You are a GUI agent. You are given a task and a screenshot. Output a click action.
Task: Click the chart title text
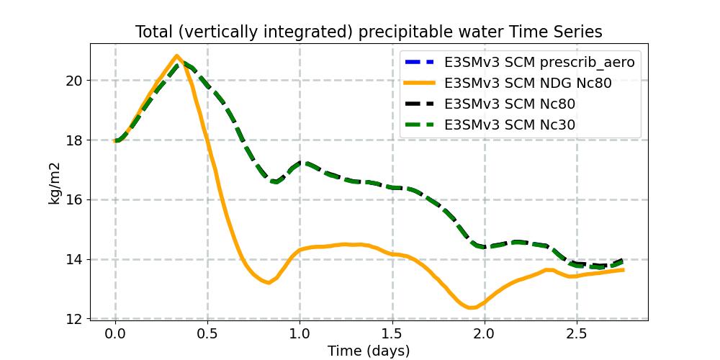click(369, 32)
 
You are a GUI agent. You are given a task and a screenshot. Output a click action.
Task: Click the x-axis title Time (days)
click(369, 351)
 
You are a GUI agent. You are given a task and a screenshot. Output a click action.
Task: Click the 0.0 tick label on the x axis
click(115, 334)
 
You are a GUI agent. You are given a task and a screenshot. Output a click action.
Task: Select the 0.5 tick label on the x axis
click(207, 334)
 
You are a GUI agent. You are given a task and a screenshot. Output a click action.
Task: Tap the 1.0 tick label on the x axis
click(300, 334)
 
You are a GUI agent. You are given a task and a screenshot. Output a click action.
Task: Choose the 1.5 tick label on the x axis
click(392, 334)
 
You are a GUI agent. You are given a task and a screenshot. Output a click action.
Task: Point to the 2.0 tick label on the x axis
click(484, 334)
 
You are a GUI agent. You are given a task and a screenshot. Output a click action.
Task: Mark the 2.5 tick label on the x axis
click(576, 334)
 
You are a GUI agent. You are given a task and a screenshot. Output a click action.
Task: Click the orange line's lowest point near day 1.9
click(472, 307)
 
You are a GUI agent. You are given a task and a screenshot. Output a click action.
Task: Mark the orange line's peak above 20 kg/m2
click(176, 55)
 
